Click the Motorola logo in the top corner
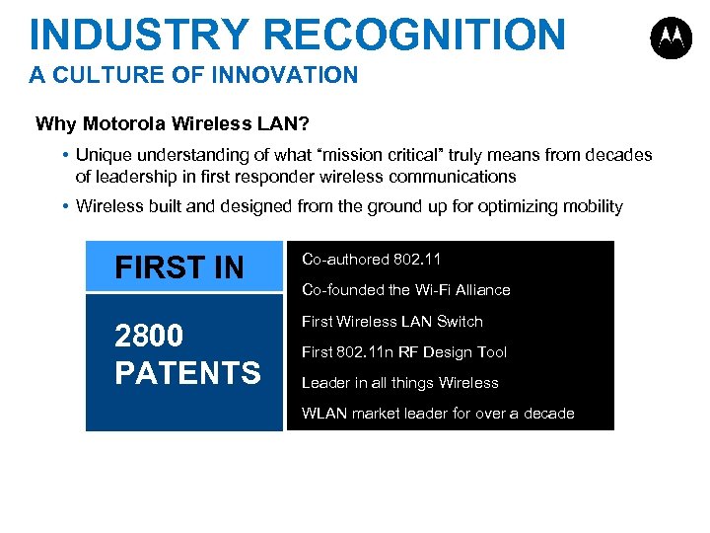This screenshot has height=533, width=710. click(671, 38)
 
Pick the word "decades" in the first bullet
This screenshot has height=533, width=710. click(618, 155)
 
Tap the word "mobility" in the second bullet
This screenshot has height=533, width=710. click(592, 206)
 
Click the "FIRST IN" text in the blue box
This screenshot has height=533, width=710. click(178, 267)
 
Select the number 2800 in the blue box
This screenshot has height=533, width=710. click(149, 337)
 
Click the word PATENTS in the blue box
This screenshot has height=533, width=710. click(187, 373)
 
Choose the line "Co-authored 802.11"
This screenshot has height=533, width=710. click(371, 260)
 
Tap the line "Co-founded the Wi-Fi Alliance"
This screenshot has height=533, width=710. click(405, 290)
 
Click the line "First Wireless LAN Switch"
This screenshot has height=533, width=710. click(391, 321)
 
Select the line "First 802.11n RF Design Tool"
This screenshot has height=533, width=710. click(403, 351)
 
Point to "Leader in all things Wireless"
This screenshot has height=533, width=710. click(399, 382)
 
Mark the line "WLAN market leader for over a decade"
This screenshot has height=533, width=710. click(437, 413)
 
